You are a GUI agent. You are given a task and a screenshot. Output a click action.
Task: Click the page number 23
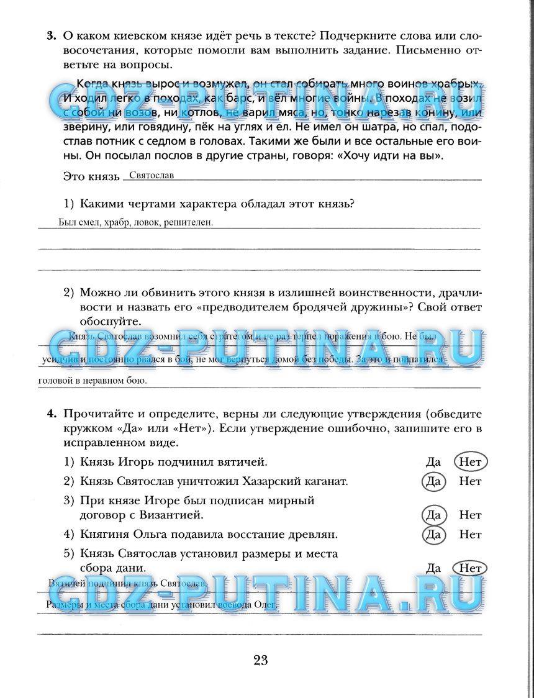coord(260,660)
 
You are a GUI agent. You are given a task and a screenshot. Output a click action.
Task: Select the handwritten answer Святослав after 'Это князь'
coord(147,175)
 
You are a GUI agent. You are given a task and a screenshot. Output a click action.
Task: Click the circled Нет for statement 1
coord(471,462)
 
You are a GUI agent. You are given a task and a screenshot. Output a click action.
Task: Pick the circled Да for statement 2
coord(433,481)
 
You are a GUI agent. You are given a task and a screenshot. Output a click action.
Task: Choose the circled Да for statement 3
coord(433,515)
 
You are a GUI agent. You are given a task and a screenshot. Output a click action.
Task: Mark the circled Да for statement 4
coord(433,534)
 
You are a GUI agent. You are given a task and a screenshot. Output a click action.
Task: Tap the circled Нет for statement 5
coord(471,568)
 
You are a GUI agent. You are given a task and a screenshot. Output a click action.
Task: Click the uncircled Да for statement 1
coord(433,462)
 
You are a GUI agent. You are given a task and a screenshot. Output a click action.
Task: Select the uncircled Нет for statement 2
coord(471,481)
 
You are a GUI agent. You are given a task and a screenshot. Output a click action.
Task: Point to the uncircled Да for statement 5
coord(433,568)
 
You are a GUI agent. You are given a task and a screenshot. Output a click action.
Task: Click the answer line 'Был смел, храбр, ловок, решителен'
coord(135,222)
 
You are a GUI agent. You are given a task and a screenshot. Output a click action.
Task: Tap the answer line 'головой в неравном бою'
coord(93,381)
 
